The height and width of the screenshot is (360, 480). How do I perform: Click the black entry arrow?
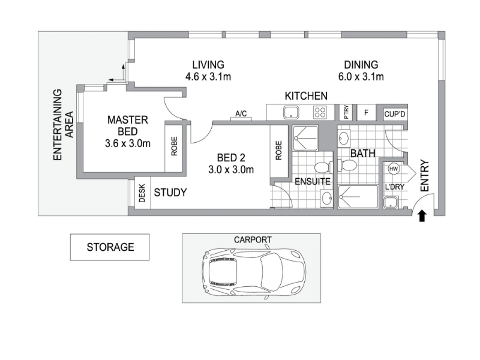coord(422,216)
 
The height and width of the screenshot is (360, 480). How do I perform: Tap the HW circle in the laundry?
coord(394,169)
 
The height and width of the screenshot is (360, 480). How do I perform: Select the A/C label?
coord(241,113)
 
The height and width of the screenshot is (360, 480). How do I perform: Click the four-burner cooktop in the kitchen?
coord(320,112)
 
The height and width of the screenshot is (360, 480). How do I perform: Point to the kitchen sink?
coord(291,112)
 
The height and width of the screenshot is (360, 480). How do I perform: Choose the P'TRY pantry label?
coord(346,112)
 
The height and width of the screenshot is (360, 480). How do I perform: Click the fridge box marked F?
coord(366,112)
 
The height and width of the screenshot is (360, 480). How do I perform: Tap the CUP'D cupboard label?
coord(395,114)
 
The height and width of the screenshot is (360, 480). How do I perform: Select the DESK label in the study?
coord(142,193)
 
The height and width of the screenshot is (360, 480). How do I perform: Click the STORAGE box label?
coord(110,247)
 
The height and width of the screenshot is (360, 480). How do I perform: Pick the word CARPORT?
coord(253,239)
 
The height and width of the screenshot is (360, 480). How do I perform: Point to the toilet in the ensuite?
coord(322,167)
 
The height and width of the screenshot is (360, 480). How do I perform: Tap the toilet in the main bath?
coord(347,166)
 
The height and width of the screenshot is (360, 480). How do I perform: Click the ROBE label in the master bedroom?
coord(174,146)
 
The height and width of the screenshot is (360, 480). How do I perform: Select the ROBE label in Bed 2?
coord(278,151)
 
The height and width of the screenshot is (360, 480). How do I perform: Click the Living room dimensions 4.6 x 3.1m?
coord(208,77)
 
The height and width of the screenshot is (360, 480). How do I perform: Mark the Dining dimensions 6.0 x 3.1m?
coord(361,77)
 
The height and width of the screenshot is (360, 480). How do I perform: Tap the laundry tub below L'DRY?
coord(391,203)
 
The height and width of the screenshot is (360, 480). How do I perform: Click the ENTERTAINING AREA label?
coord(64,125)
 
